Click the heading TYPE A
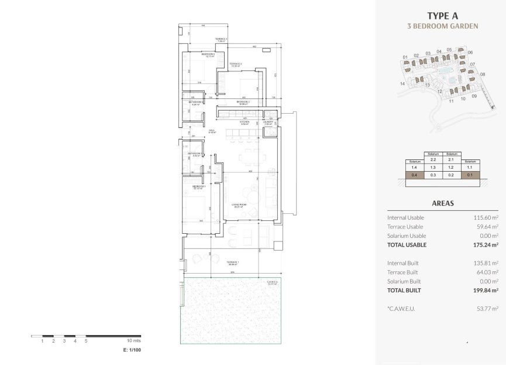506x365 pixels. [442, 16]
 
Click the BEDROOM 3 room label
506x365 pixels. [208, 54]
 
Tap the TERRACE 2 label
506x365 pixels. [236, 64]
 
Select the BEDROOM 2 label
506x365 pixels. [243, 102]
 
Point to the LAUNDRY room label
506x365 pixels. [270, 122]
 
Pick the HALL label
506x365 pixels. [212, 131]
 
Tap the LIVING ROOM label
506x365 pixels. [238, 205]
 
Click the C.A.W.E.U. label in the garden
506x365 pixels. [271, 282]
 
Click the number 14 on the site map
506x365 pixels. [402, 84]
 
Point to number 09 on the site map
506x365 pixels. [474, 96]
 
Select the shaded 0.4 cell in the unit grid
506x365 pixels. [414, 175]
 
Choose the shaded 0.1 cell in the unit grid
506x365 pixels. [470, 175]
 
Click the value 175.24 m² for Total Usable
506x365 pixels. [486, 245]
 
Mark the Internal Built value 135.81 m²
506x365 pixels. [486, 263]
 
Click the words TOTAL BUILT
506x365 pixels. [404, 290]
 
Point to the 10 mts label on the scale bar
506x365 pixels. [133, 340]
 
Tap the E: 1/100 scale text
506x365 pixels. [132, 350]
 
